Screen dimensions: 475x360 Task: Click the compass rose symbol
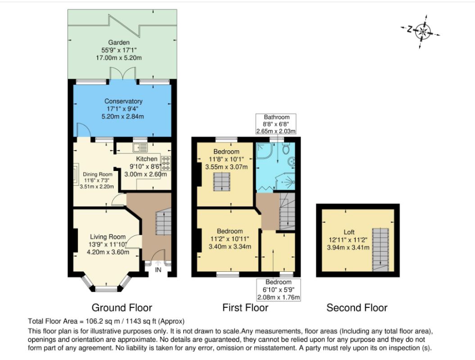coord(421,31)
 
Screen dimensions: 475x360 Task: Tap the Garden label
coord(119,43)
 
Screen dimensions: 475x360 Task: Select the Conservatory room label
coord(123,101)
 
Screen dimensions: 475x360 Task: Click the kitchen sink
coord(140,148)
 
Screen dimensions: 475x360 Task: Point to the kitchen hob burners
coord(166,163)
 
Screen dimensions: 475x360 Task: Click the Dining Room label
coord(98,175)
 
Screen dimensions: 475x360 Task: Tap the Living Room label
coord(108,237)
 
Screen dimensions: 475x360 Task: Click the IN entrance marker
coord(158,270)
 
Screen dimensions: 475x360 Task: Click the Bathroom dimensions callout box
coord(276,124)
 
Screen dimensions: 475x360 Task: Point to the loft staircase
coord(380,249)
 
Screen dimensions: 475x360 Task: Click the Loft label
coord(349,232)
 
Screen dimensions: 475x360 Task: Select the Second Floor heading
coord(357,308)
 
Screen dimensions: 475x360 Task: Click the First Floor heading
coord(245,308)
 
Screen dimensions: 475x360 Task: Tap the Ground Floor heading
coord(122,308)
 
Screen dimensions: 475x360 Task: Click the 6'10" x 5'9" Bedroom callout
coord(278,290)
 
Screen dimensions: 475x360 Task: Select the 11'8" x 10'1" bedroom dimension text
coord(226,159)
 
